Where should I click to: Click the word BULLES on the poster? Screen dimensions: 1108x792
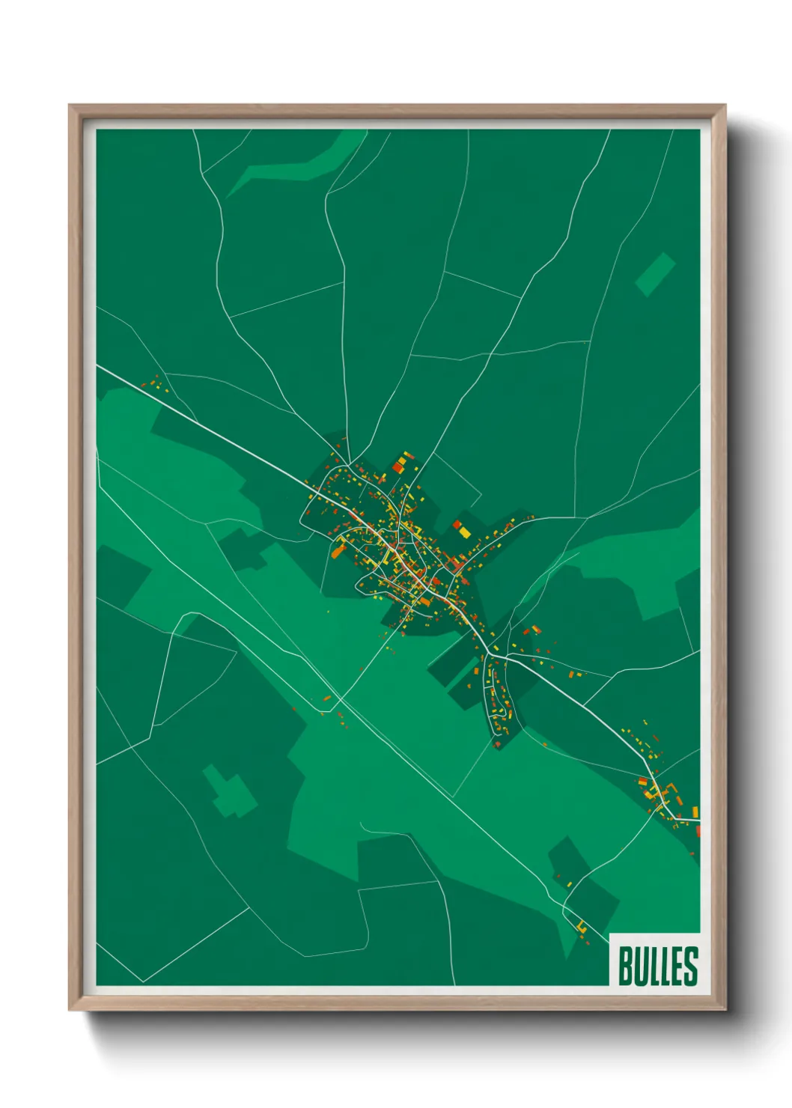pos(657,965)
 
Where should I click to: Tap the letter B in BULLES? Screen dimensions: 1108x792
pos(626,965)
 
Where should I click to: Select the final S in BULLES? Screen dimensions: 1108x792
pos(690,965)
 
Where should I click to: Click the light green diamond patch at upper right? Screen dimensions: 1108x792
pos(656,274)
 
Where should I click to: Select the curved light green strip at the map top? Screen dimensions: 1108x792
pos(299,166)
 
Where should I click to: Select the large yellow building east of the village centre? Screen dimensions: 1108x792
pos(464,532)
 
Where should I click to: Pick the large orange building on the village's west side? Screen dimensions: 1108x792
pos(338,552)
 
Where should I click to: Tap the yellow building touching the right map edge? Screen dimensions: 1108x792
pos(695,812)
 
